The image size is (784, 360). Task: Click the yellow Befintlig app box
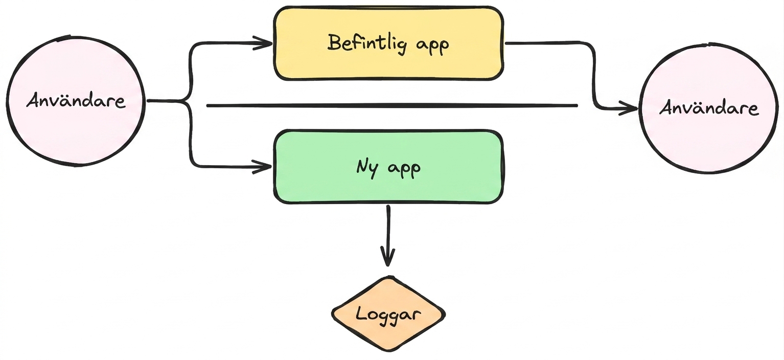[388, 43]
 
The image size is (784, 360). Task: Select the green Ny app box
[388, 167]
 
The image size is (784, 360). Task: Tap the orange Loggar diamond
[388, 313]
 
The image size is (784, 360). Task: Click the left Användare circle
[76, 101]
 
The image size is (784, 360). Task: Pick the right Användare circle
[708, 108]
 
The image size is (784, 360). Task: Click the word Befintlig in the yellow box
[367, 43]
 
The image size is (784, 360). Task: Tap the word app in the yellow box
[432, 46]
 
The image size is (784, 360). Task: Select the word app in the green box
[404, 169]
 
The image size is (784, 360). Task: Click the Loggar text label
[388, 314]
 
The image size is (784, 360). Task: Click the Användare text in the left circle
[76, 101]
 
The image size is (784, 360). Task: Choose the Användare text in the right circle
[709, 107]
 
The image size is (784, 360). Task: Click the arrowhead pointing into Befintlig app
[263, 43]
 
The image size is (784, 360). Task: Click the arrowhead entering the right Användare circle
[629, 108]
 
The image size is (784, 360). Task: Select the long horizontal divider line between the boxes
[392, 105]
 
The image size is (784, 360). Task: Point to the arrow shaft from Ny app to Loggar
[388, 235]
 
